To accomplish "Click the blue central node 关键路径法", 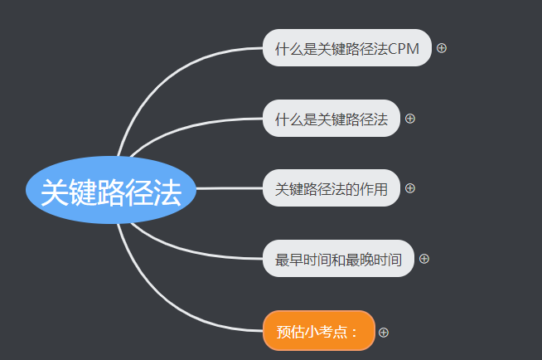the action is point(111,191).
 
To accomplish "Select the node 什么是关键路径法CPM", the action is point(346,49).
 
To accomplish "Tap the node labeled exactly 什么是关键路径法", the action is point(331,119).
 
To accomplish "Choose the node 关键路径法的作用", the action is point(331,189).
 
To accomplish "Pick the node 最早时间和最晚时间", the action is point(338,260).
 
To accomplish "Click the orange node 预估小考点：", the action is point(318,332).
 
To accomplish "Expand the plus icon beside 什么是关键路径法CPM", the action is point(442,48).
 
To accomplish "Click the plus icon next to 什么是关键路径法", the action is point(410,119).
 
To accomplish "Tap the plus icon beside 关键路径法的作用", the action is point(410,188).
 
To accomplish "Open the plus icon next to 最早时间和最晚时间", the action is point(424,259).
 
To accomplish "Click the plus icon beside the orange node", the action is point(384,332).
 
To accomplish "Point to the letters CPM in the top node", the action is point(404,50).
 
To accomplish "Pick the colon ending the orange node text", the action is point(355,333).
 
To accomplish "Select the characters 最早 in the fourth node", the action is point(289,260).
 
